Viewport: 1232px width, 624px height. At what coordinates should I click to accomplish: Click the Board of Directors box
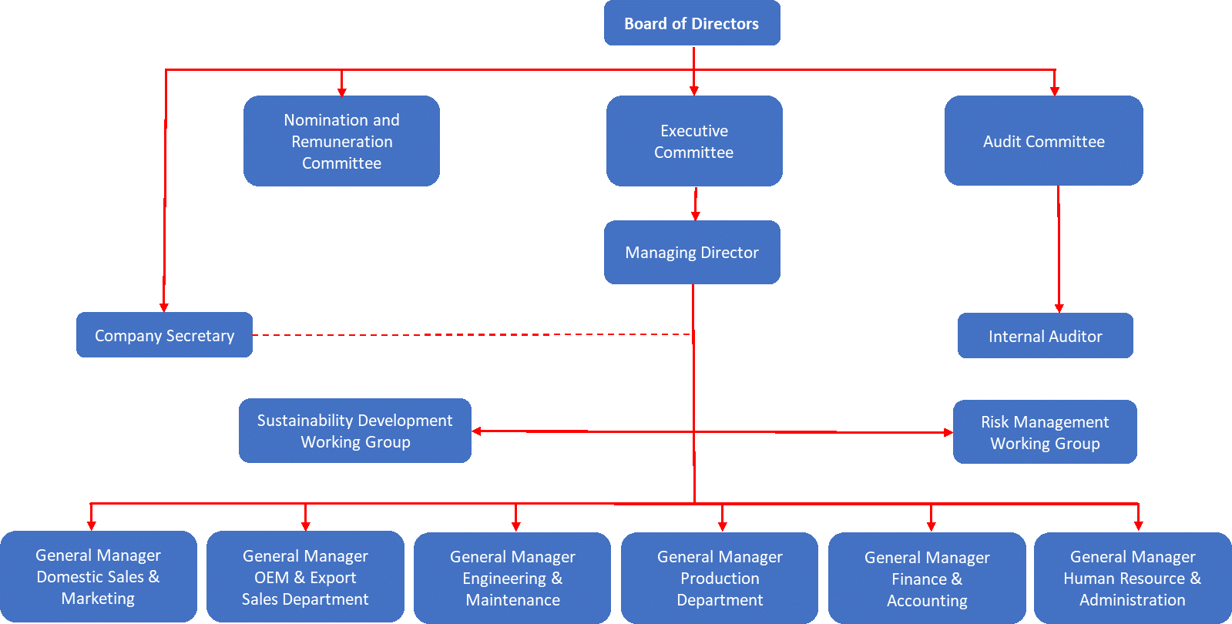click(692, 23)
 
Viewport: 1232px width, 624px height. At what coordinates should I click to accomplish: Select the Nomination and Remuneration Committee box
click(341, 141)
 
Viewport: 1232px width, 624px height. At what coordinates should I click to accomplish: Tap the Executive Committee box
click(694, 141)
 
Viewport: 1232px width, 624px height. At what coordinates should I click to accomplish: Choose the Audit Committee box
click(1043, 141)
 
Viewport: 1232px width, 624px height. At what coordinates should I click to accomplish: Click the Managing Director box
click(692, 253)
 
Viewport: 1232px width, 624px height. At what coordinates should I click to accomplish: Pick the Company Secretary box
click(164, 335)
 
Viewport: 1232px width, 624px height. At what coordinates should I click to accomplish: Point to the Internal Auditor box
click(1045, 336)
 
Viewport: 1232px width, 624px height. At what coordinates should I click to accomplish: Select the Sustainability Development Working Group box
click(355, 431)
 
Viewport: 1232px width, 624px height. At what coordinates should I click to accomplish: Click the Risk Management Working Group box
click(1045, 432)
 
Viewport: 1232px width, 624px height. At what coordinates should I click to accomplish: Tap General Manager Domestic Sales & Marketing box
click(98, 576)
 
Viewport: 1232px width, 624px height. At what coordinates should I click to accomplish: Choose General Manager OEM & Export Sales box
click(305, 577)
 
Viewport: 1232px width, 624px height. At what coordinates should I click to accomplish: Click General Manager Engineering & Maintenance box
click(512, 578)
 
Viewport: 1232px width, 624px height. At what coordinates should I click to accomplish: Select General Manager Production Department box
click(720, 578)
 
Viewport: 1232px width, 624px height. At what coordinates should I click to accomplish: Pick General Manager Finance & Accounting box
click(927, 579)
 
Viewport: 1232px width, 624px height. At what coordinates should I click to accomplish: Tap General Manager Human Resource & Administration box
click(1132, 578)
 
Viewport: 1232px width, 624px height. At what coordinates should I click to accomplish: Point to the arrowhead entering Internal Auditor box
click(1059, 307)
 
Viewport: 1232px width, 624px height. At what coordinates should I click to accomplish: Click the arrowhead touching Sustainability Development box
click(478, 431)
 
